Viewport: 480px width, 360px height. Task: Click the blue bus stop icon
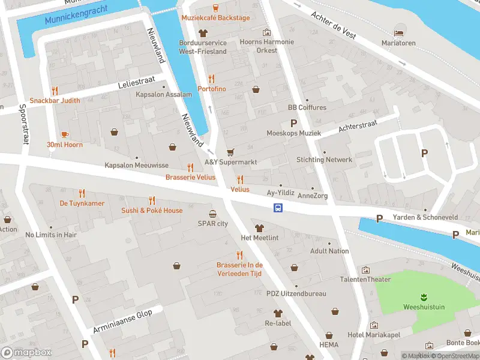pos(278,208)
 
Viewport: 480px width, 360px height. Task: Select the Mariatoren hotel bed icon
pos(398,32)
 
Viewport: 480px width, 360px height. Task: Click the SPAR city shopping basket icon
pos(213,214)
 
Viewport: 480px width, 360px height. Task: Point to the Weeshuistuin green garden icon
pos(424,297)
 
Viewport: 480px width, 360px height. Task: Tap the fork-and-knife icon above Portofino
pos(211,79)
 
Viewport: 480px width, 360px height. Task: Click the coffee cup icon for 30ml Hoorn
pos(65,134)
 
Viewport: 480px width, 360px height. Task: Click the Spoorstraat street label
pos(22,127)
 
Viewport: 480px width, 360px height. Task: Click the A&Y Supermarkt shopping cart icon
pos(230,152)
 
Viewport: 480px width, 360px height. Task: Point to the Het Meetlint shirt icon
pos(259,228)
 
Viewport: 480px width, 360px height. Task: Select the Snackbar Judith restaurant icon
pos(55,91)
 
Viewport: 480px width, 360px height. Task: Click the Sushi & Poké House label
pos(152,211)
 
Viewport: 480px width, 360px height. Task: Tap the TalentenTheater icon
pos(365,270)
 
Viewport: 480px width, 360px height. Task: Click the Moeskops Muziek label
pos(294,133)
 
